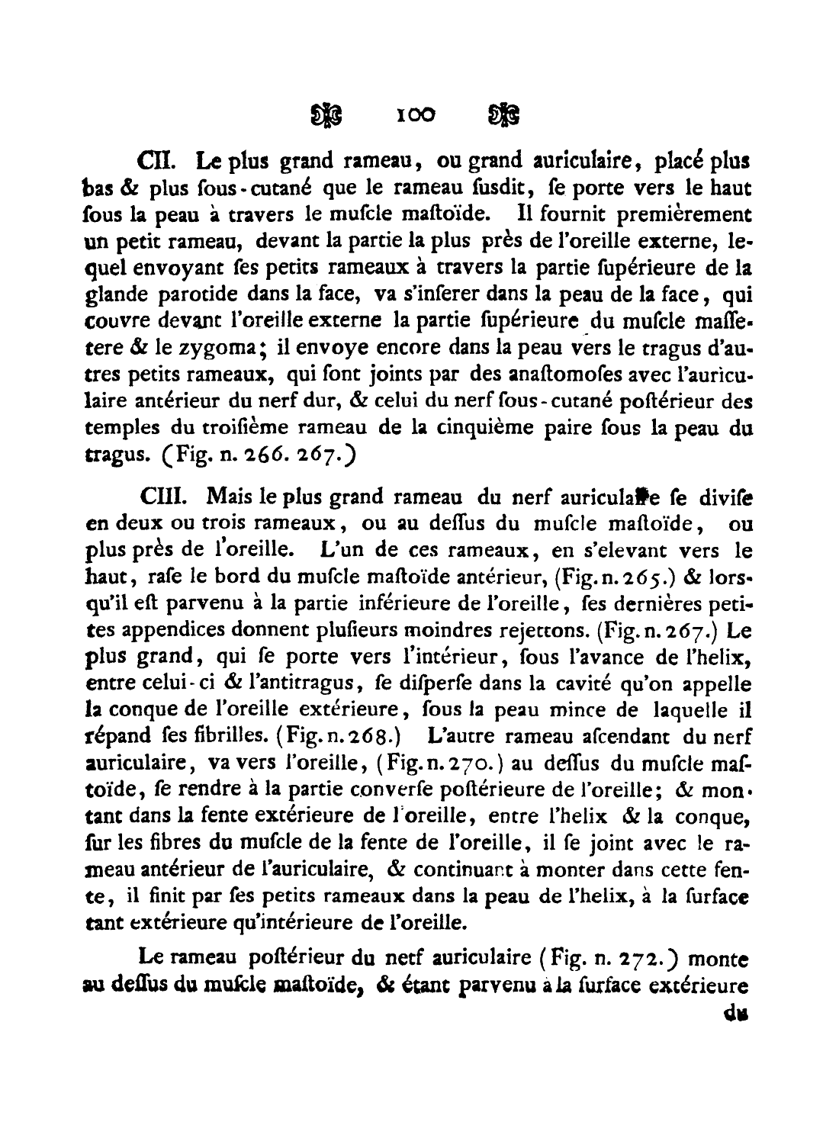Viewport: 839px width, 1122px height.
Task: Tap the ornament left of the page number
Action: coord(326,115)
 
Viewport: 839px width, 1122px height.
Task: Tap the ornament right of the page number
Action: coord(505,115)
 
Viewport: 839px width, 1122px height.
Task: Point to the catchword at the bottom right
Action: coord(735,1014)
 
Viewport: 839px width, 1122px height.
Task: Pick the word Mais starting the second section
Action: coord(227,498)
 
